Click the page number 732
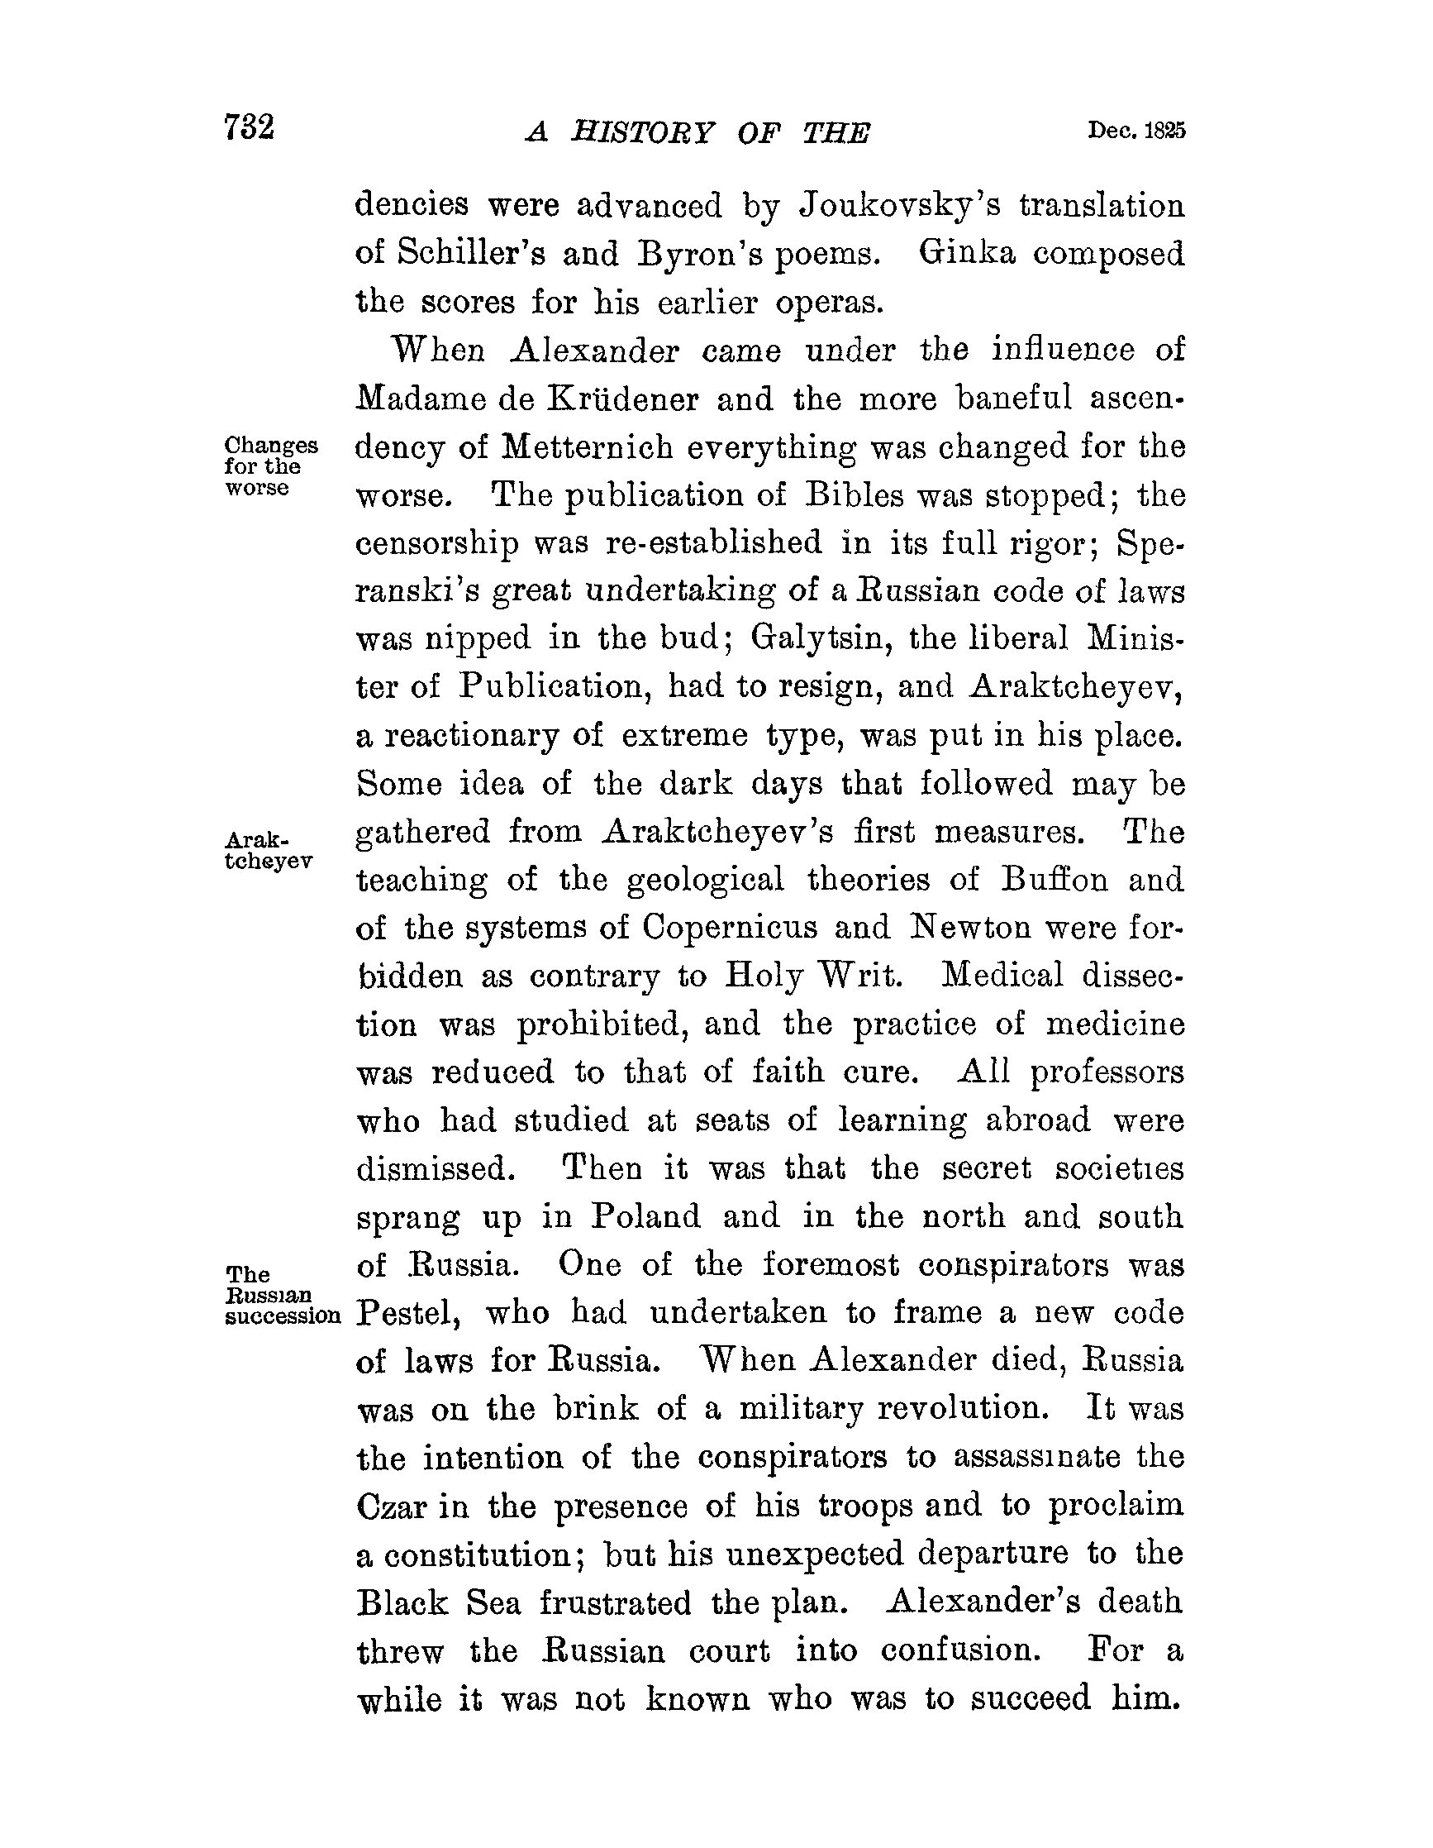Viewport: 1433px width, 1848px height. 250,129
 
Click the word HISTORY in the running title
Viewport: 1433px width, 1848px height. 642,133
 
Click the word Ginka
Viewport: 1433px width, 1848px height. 966,253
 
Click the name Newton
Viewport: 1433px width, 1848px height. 969,929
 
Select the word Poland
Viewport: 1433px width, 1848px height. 645,1217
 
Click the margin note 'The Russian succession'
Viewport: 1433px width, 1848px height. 282,1296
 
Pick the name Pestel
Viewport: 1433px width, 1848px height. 408,1313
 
